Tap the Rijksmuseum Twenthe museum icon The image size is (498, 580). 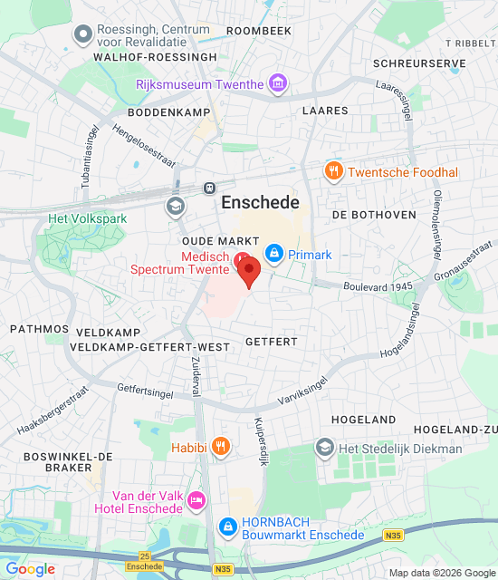[277, 84]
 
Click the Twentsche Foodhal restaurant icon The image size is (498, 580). [334, 172]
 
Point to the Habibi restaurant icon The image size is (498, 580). [219, 447]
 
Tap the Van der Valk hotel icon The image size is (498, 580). [196, 500]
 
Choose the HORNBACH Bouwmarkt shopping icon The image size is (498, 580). [229, 527]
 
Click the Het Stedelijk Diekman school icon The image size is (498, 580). [324, 448]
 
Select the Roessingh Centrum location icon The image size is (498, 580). [84, 34]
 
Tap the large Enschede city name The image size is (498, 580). [261, 203]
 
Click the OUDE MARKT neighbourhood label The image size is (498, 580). [215, 241]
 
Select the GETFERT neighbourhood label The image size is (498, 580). [271, 342]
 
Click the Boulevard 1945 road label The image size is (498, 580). [377, 286]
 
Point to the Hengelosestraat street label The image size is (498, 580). [145, 146]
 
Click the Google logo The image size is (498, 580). [30, 569]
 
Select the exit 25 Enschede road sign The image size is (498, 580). [145, 561]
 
